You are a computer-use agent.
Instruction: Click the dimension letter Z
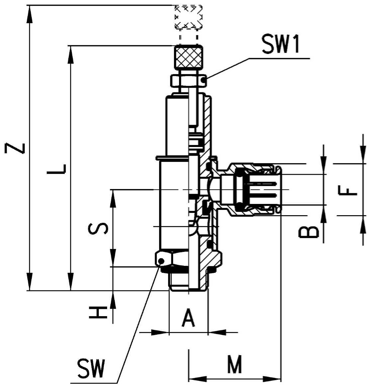15,148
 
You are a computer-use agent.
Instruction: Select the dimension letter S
98,228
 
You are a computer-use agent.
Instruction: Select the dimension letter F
348,191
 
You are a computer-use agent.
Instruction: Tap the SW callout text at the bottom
91,368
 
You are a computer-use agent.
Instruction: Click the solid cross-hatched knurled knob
189,57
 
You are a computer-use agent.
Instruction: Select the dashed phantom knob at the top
189,17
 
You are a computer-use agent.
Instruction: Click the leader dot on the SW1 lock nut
204,80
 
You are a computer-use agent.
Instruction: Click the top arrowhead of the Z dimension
30,14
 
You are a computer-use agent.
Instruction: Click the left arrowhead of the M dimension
198,379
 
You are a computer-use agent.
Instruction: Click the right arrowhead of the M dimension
272,379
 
